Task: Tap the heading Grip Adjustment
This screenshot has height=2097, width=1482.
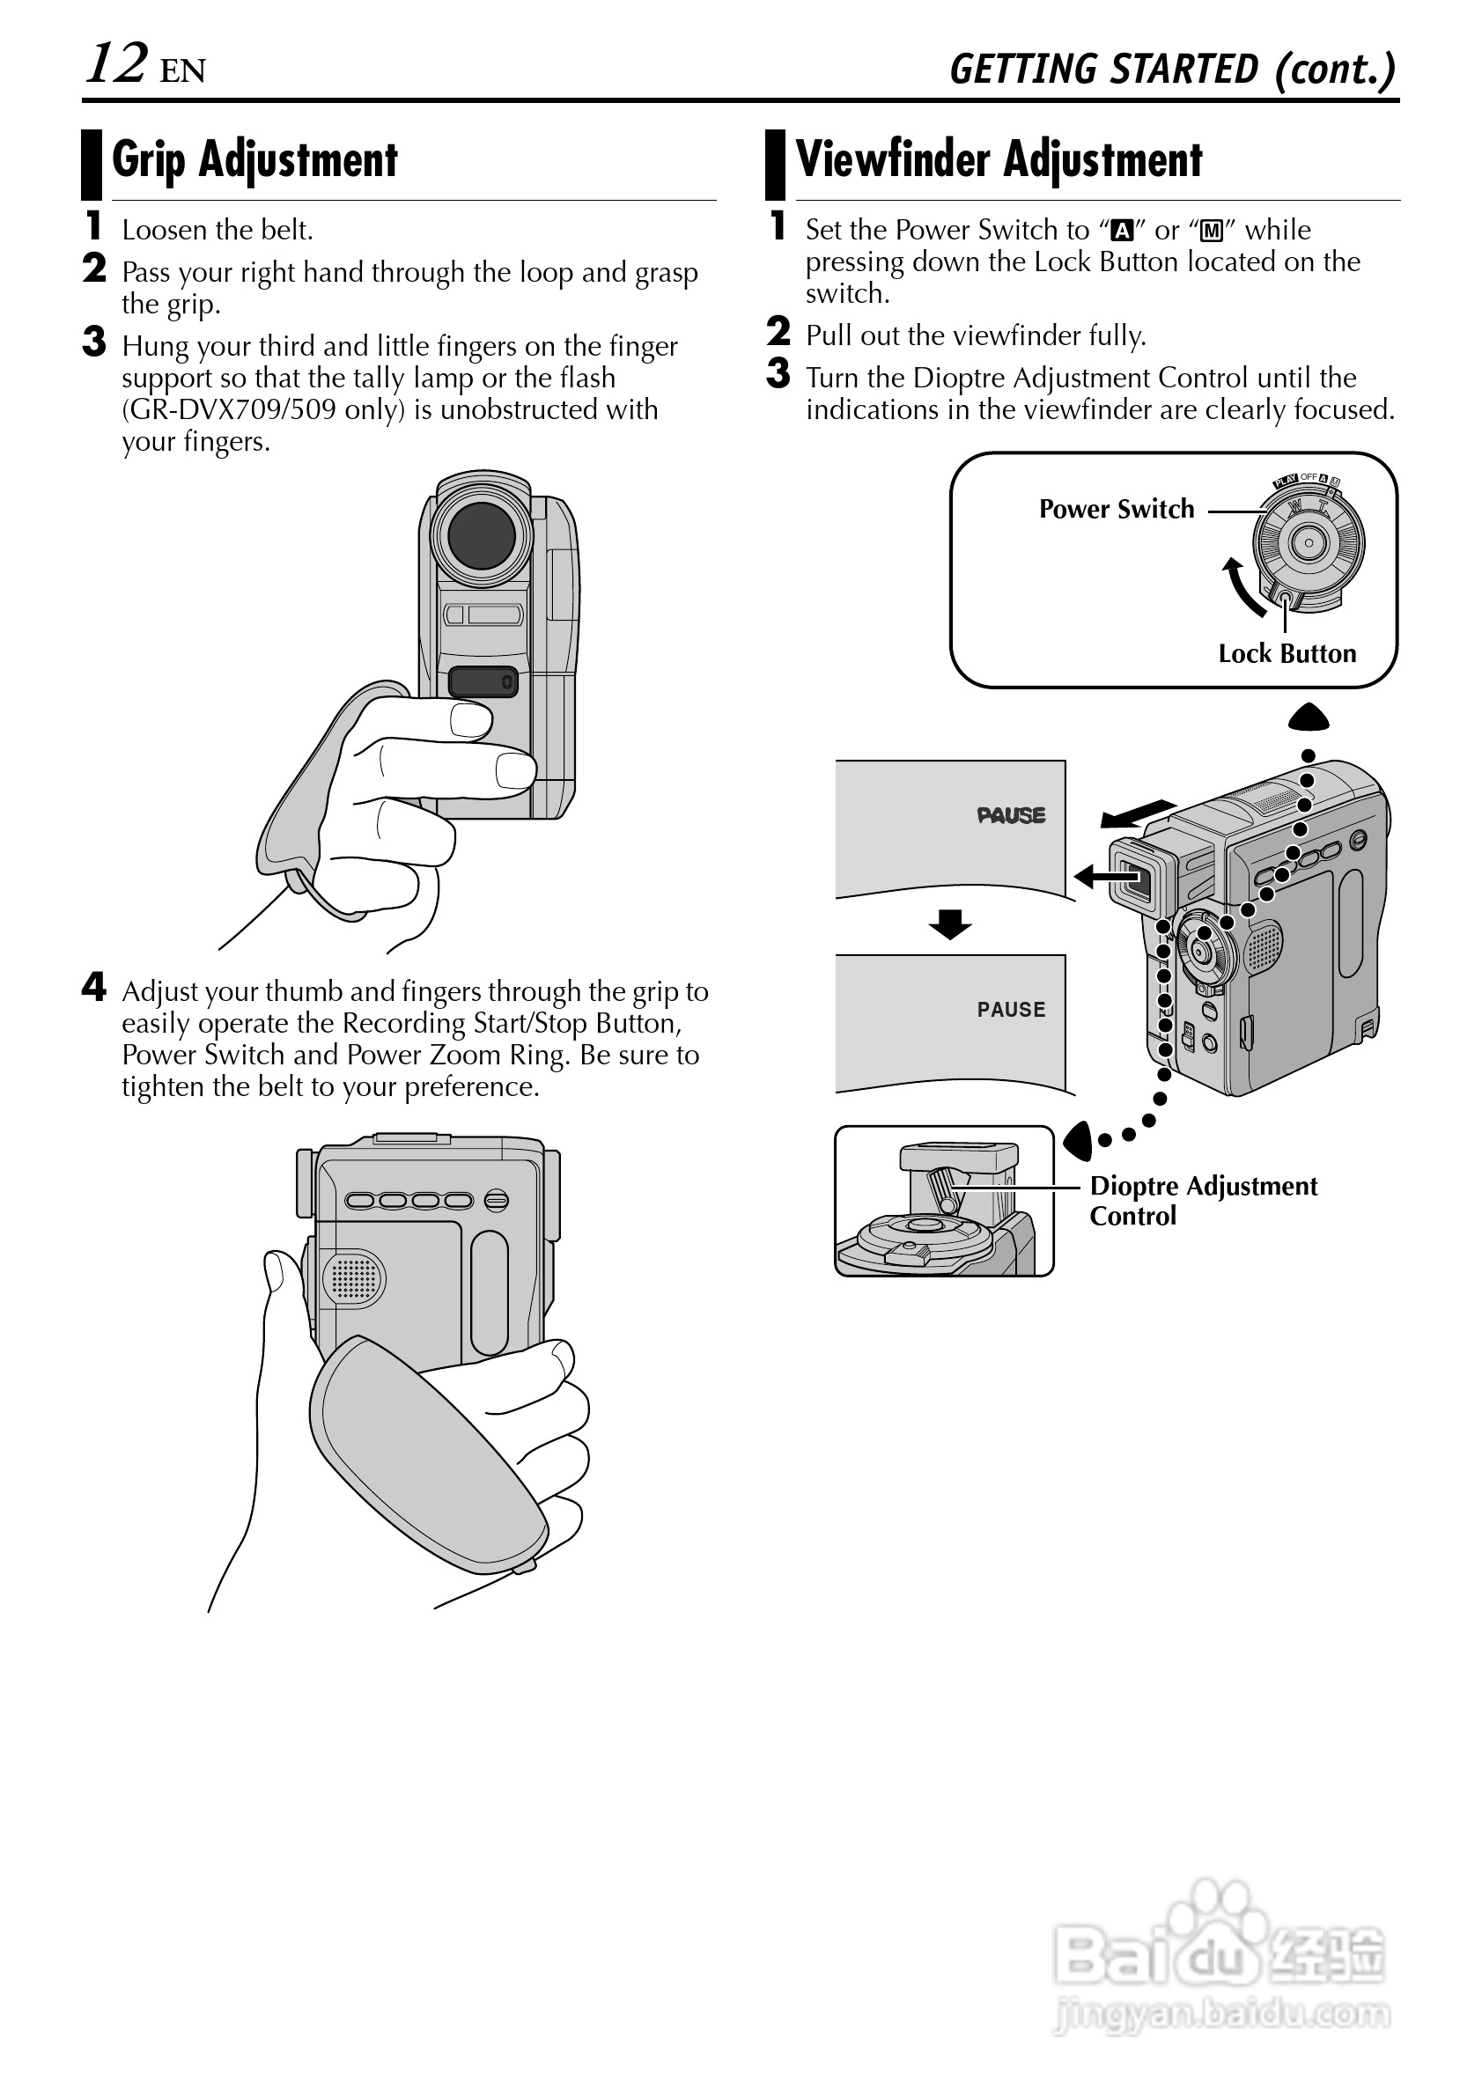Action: pyautogui.click(x=254, y=160)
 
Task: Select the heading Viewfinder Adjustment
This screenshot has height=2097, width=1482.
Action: pyautogui.click(x=999, y=160)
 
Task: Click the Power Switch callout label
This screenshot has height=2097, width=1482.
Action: pyautogui.click(x=1116, y=510)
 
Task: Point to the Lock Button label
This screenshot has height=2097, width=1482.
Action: pyautogui.click(x=1287, y=654)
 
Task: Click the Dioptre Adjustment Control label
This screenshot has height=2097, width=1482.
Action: pyautogui.click(x=1202, y=1200)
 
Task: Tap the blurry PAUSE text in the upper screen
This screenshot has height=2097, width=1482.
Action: pyautogui.click(x=1011, y=815)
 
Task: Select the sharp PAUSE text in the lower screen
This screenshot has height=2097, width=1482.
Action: pyautogui.click(x=1011, y=1009)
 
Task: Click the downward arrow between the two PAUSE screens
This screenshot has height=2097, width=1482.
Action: pyautogui.click(x=950, y=924)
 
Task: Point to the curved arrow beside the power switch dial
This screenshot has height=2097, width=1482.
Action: pyautogui.click(x=1240, y=587)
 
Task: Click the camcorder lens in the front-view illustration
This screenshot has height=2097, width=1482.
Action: pyautogui.click(x=482, y=536)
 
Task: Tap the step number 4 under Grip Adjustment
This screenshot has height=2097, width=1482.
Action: pyautogui.click(x=94, y=986)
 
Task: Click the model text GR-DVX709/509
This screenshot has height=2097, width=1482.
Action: pyautogui.click(x=233, y=410)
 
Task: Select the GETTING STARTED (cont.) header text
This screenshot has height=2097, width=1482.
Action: pyautogui.click(x=1172, y=70)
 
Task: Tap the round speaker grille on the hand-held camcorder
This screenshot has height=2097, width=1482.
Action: pyautogui.click(x=354, y=1277)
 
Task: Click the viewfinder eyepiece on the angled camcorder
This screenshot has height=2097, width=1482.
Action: pyautogui.click(x=1137, y=879)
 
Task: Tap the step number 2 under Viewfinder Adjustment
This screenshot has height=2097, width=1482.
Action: pyautogui.click(x=778, y=332)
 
